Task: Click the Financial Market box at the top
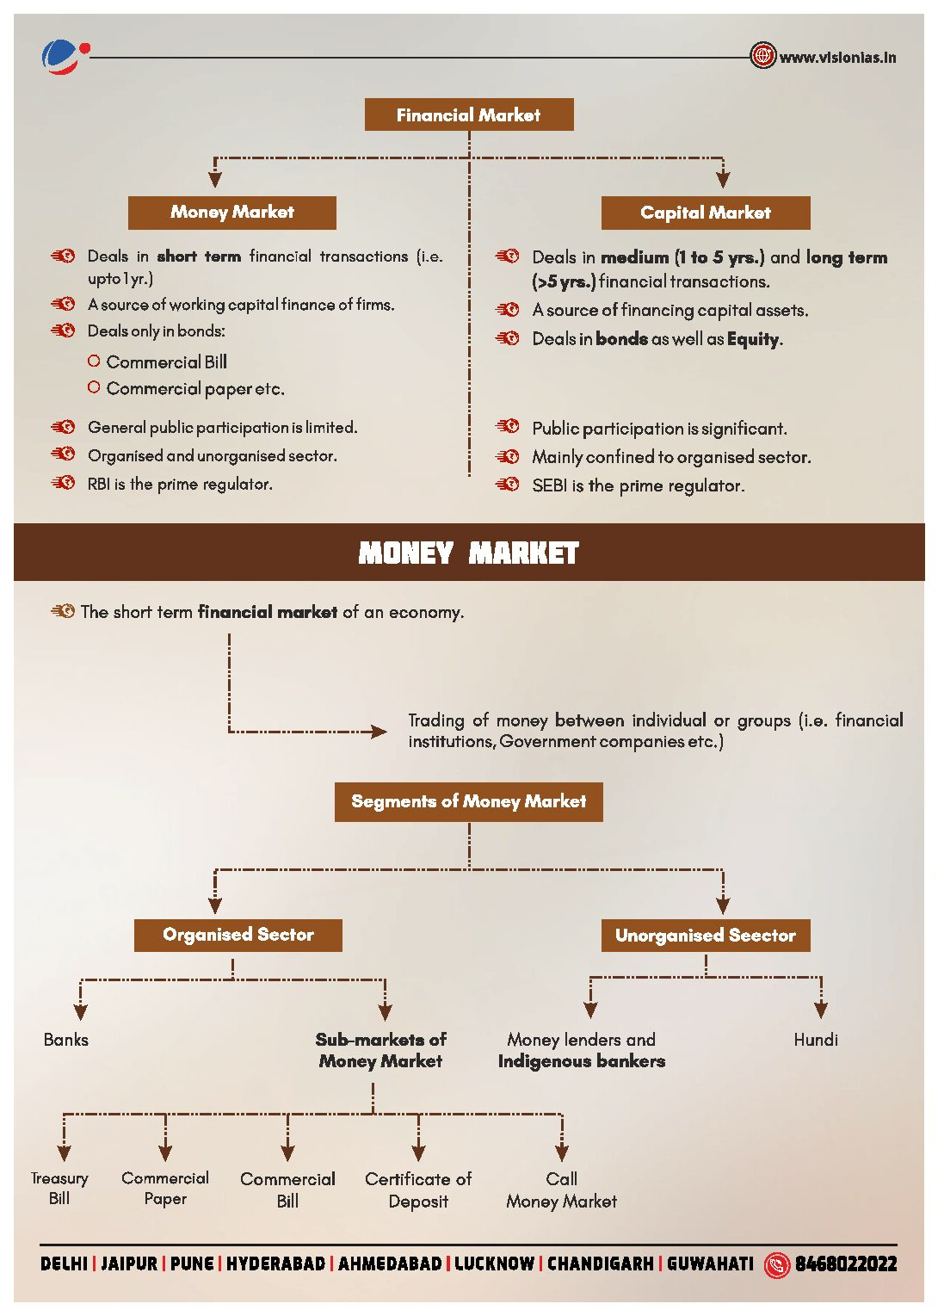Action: [469, 114]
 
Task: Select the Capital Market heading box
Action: [705, 213]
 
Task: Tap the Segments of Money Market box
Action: [468, 801]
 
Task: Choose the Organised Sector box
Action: [238, 935]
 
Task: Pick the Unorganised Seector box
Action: [705, 936]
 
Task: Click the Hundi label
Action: [815, 1040]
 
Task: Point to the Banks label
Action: [66, 1040]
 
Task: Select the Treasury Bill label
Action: [59, 1188]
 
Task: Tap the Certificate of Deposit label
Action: [418, 1189]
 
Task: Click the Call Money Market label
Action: [561, 1189]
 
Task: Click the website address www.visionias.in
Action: [837, 58]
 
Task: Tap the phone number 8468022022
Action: [845, 1263]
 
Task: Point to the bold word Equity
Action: [753, 339]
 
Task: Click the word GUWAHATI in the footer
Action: [710, 1263]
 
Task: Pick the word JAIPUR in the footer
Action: [129, 1263]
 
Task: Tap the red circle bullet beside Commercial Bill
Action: [94, 361]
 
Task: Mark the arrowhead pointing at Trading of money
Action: [379, 732]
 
